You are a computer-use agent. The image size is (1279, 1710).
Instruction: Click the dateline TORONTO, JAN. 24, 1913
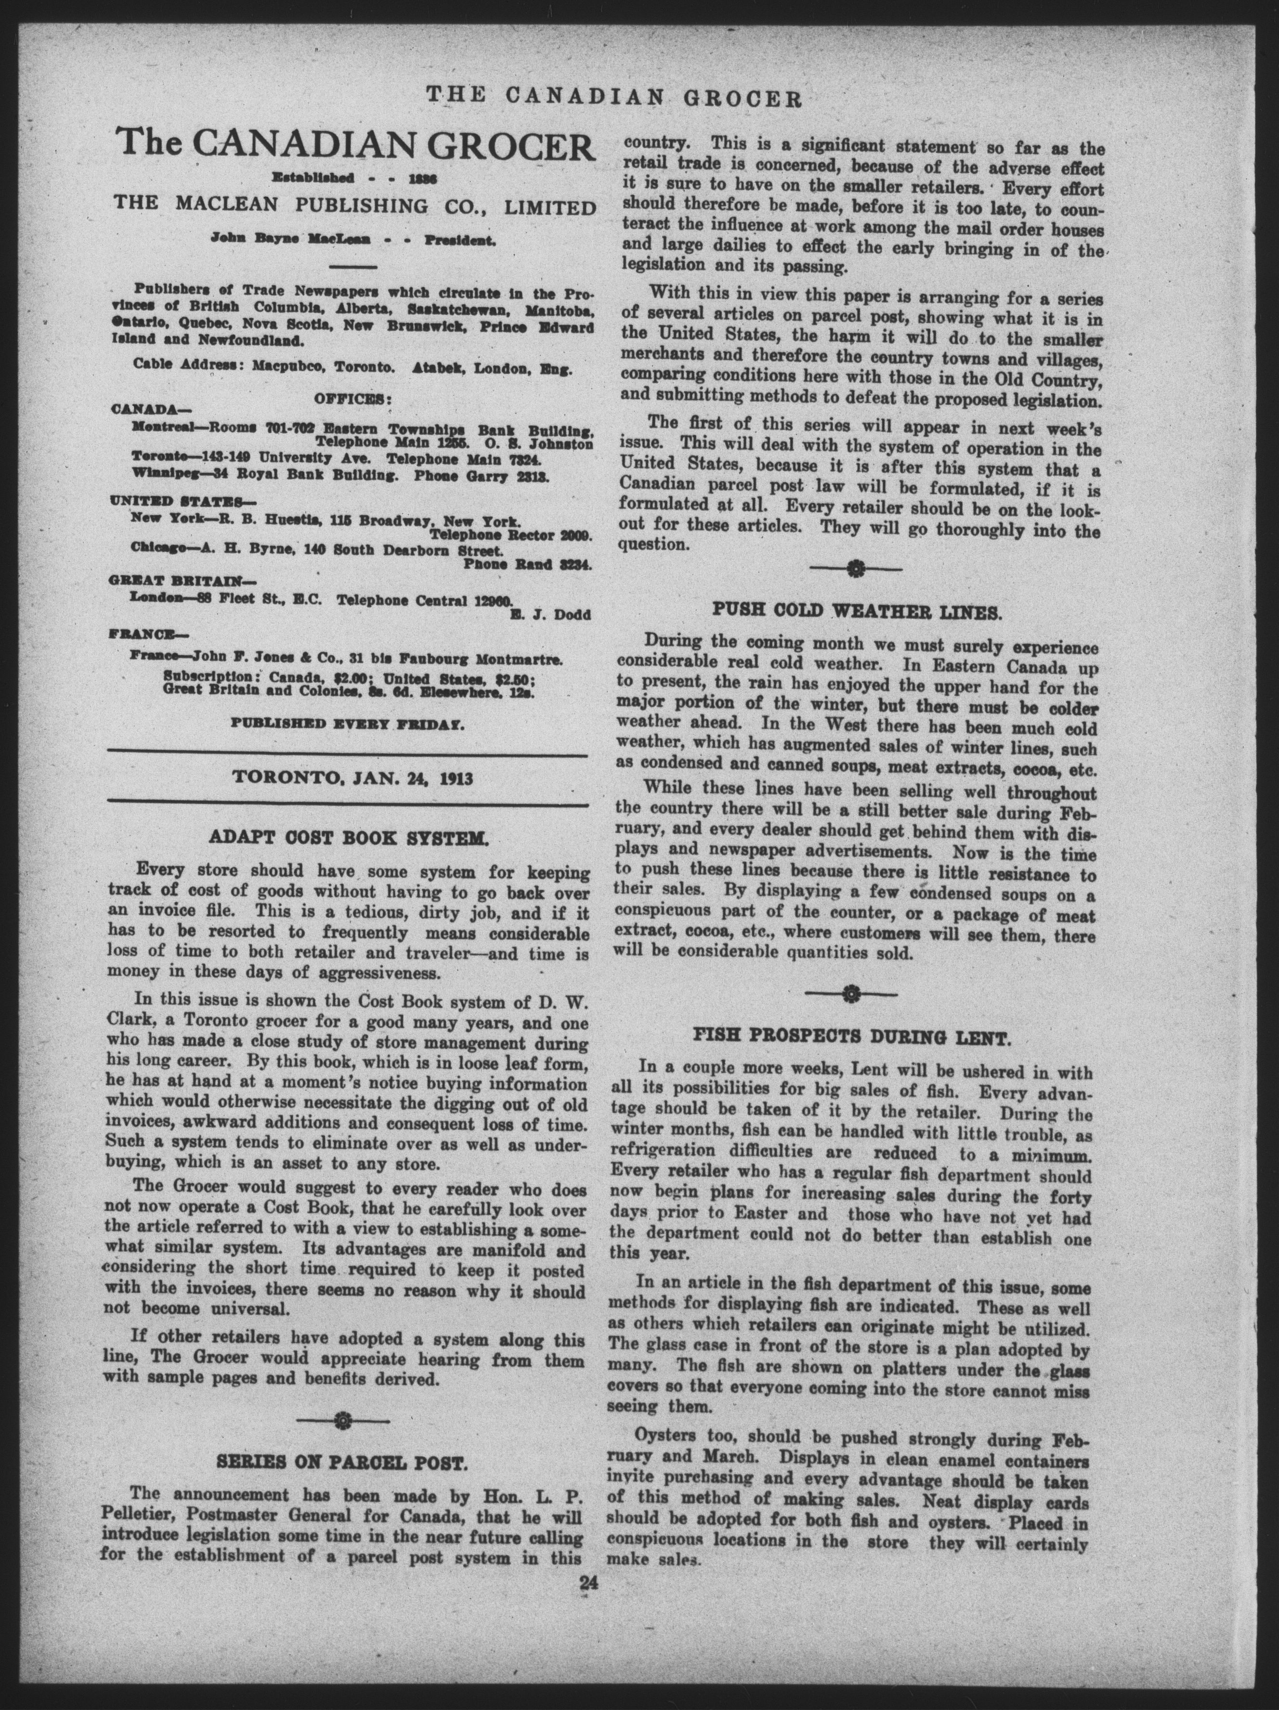point(352,779)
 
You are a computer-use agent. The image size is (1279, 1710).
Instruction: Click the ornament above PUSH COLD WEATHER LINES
point(855,570)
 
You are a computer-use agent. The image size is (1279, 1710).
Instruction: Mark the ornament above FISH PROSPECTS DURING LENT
point(851,992)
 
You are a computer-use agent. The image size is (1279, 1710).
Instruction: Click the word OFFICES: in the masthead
point(352,399)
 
